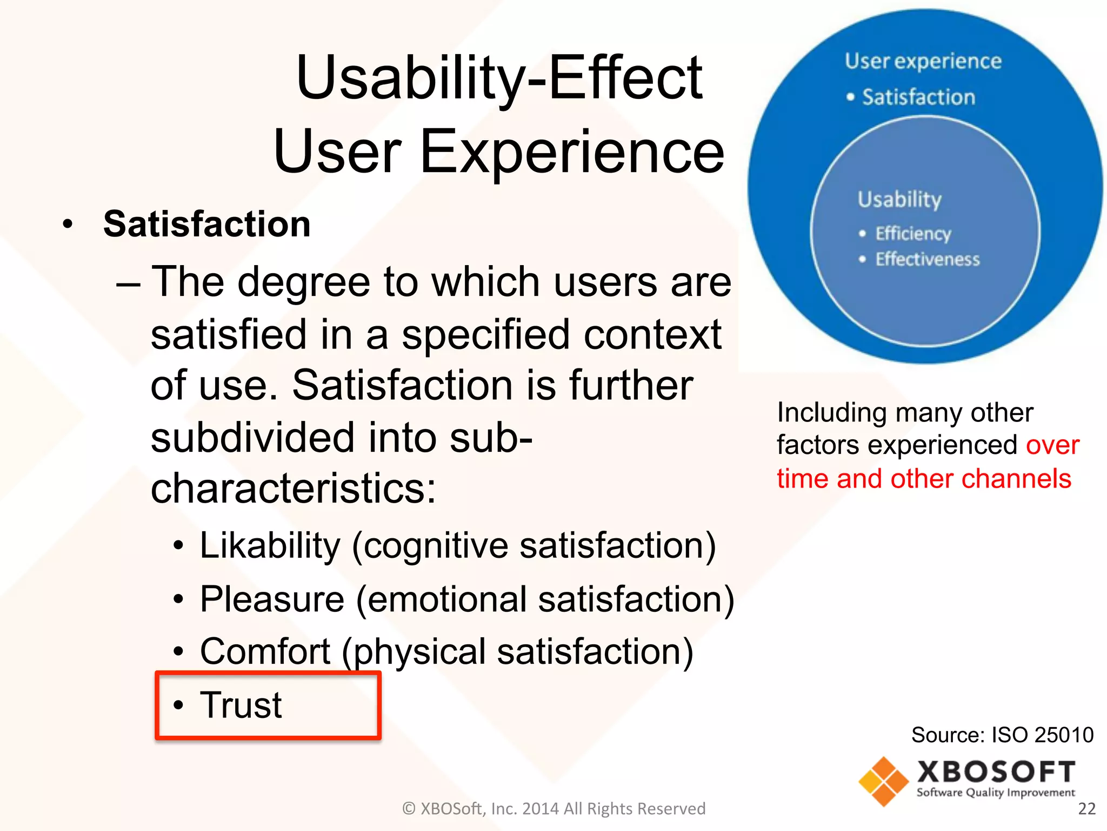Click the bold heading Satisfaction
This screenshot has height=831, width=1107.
(206, 224)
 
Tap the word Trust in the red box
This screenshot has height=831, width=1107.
(241, 705)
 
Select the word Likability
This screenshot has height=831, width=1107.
(270, 545)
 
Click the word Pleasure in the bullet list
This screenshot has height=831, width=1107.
(272, 599)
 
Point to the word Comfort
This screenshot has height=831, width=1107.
(265, 651)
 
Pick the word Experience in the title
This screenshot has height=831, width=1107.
(571, 152)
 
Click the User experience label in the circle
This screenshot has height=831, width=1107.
(923, 61)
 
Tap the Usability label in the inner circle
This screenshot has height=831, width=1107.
(899, 199)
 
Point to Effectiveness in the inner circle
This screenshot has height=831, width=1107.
(927, 259)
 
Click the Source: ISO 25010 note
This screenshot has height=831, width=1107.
(1002, 735)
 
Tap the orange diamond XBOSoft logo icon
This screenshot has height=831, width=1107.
(883, 781)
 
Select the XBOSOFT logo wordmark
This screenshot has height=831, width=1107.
(996, 771)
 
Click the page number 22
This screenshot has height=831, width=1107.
(1086, 808)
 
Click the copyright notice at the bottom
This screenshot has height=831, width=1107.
(553, 808)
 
